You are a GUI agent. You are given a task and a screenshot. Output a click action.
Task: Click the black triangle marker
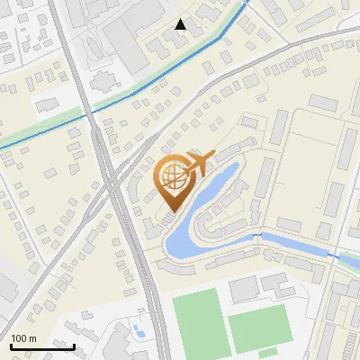(181, 24)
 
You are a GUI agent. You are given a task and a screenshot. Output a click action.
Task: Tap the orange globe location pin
(175, 180)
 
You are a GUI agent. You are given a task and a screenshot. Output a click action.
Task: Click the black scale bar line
(42, 346)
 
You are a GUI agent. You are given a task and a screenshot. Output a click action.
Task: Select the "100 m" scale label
(23, 338)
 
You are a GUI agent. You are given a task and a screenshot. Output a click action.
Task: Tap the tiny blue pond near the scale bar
(138, 331)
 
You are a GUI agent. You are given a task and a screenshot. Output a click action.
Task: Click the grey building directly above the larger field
(243, 289)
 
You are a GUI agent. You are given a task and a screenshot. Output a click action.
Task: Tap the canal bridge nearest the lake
(262, 236)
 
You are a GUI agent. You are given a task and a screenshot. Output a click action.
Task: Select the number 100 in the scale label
(18, 338)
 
